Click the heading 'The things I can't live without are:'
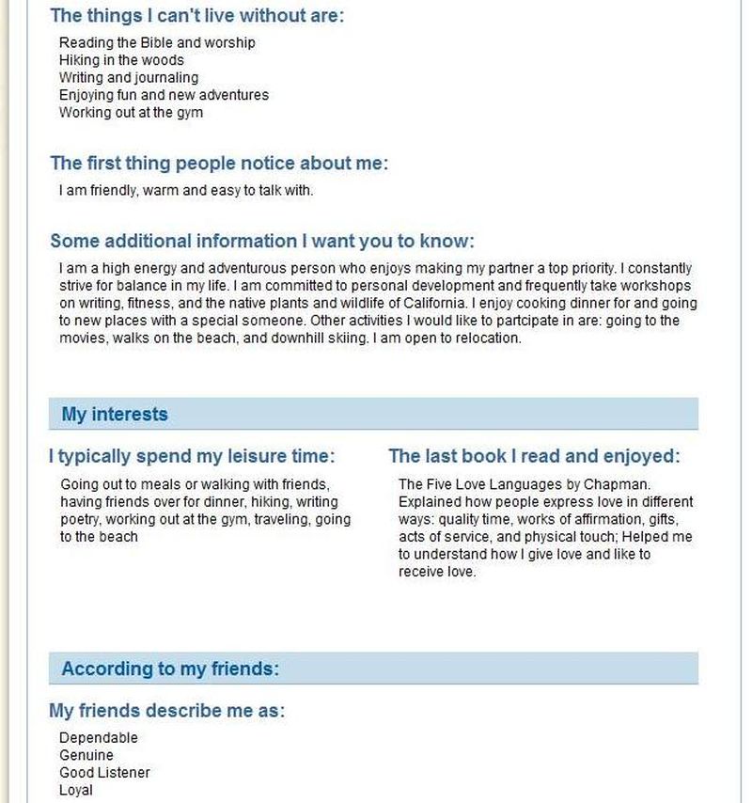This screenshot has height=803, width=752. point(196,15)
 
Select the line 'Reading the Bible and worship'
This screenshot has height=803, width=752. point(157,42)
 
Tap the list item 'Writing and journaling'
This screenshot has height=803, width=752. point(129,78)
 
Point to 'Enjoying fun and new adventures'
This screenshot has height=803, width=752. point(164,95)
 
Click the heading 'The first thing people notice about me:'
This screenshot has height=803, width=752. point(218,163)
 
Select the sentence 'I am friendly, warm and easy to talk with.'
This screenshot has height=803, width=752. point(185,190)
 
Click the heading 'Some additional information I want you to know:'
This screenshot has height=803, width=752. point(261,241)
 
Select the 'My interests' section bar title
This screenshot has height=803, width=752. point(115,414)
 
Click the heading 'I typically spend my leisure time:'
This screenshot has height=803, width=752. point(192,457)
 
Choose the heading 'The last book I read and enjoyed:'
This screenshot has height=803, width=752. point(533,457)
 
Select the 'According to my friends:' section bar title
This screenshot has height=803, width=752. point(170,669)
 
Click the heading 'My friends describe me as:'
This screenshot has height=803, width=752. point(166,711)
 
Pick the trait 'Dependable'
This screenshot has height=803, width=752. point(98,738)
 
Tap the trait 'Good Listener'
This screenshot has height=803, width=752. point(104,773)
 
